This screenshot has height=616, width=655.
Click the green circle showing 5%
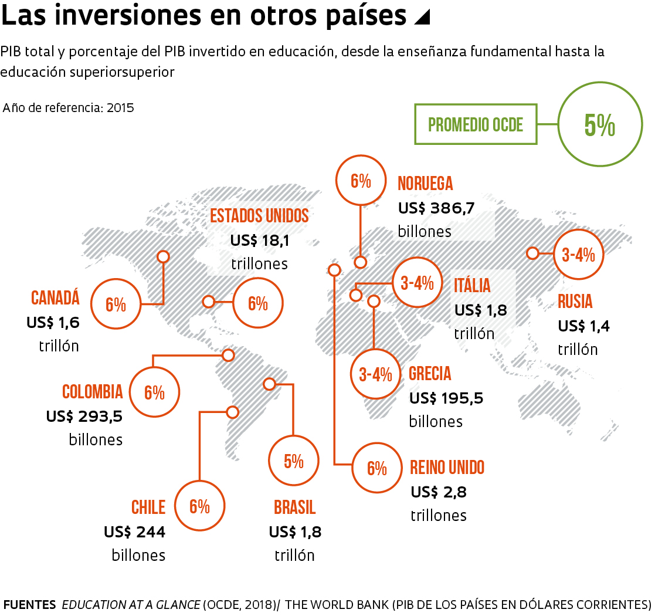tap(599, 125)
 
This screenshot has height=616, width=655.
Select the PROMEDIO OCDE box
tap(476, 124)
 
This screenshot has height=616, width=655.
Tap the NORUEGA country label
tap(425, 184)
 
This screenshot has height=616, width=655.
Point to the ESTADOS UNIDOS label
tap(259, 215)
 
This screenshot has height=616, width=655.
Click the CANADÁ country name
tap(55, 298)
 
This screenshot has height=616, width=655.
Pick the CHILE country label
tap(148, 506)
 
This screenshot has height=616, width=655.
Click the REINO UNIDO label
tap(447, 468)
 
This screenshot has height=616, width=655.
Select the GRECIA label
tap(430, 374)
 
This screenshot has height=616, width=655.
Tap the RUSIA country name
tap(575, 302)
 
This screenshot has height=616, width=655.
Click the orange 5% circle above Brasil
tap(293, 461)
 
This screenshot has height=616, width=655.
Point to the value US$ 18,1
tap(260, 241)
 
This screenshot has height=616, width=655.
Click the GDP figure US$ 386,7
tap(436, 208)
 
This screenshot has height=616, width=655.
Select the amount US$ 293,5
tap(84, 416)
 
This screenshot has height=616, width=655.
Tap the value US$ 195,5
tap(446, 398)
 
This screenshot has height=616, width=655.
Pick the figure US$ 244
tap(134, 532)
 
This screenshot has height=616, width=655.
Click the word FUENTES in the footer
tap(30, 604)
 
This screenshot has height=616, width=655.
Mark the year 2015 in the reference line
tap(120, 108)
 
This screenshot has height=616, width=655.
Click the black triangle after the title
tap(422, 18)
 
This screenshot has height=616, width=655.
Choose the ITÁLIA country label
tap(472, 286)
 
